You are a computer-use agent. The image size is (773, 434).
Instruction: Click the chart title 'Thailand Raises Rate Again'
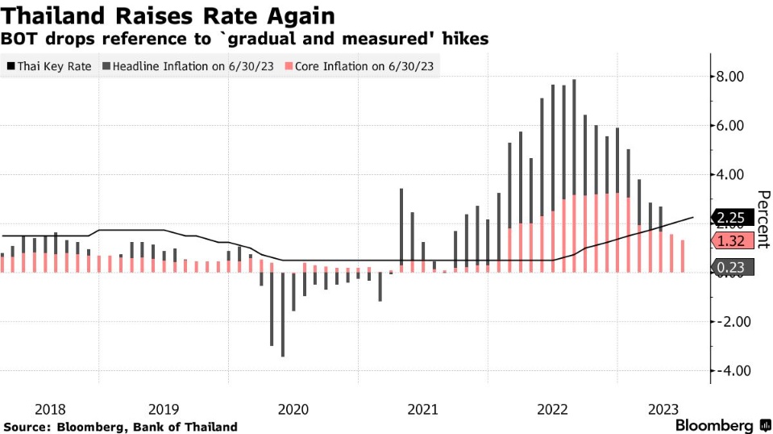168,15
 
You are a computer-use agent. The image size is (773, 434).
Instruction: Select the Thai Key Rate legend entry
49,66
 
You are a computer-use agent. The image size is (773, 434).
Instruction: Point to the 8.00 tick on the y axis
734,77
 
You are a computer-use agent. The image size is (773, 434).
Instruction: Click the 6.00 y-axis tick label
734,126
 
